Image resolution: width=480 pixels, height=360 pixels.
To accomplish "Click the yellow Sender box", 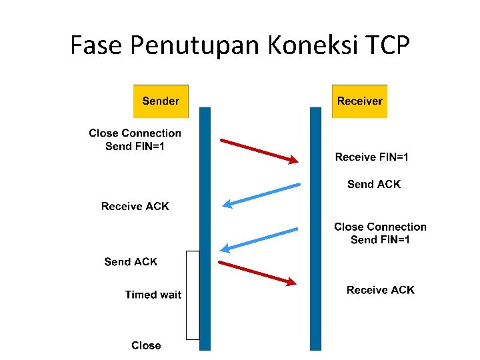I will (x=161, y=101).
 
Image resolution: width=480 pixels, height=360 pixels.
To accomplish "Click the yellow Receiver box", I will (x=359, y=101).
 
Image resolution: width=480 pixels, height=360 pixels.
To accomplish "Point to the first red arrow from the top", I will (x=259, y=151).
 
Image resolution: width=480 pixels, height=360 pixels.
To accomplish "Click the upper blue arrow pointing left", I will (x=261, y=195).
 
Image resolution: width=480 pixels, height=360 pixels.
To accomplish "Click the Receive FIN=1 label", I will (x=372, y=157).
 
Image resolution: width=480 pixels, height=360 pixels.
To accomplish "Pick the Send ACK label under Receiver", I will (x=374, y=185).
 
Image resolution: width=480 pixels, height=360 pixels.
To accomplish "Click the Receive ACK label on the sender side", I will (x=135, y=207).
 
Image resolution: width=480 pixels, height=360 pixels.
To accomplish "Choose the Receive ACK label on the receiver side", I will (x=380, y=290).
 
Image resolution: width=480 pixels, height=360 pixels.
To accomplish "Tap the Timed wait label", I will (x=153, y=295).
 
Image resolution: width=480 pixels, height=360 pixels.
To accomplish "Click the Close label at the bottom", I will (x=146, y=345).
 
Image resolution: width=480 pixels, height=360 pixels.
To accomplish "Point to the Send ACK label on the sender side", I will (x=131, y=262).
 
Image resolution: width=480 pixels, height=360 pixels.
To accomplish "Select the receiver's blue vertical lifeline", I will (x=315, y=200).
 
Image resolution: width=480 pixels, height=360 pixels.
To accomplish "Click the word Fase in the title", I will (x=97, y=45).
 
